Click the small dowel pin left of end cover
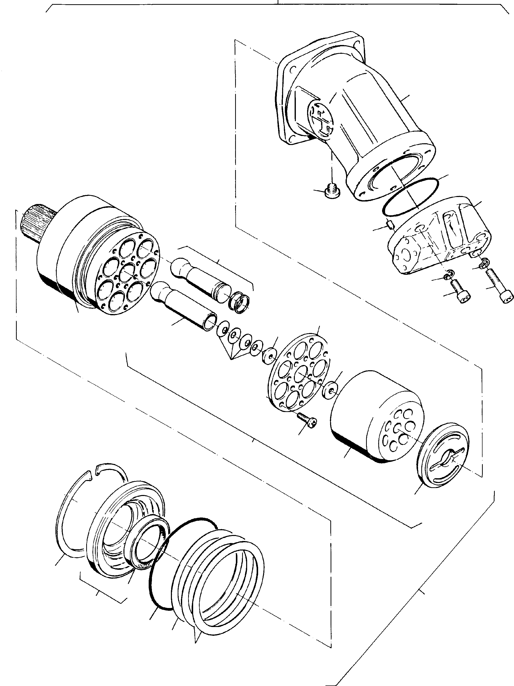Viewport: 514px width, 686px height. click(x=390, y=224)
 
